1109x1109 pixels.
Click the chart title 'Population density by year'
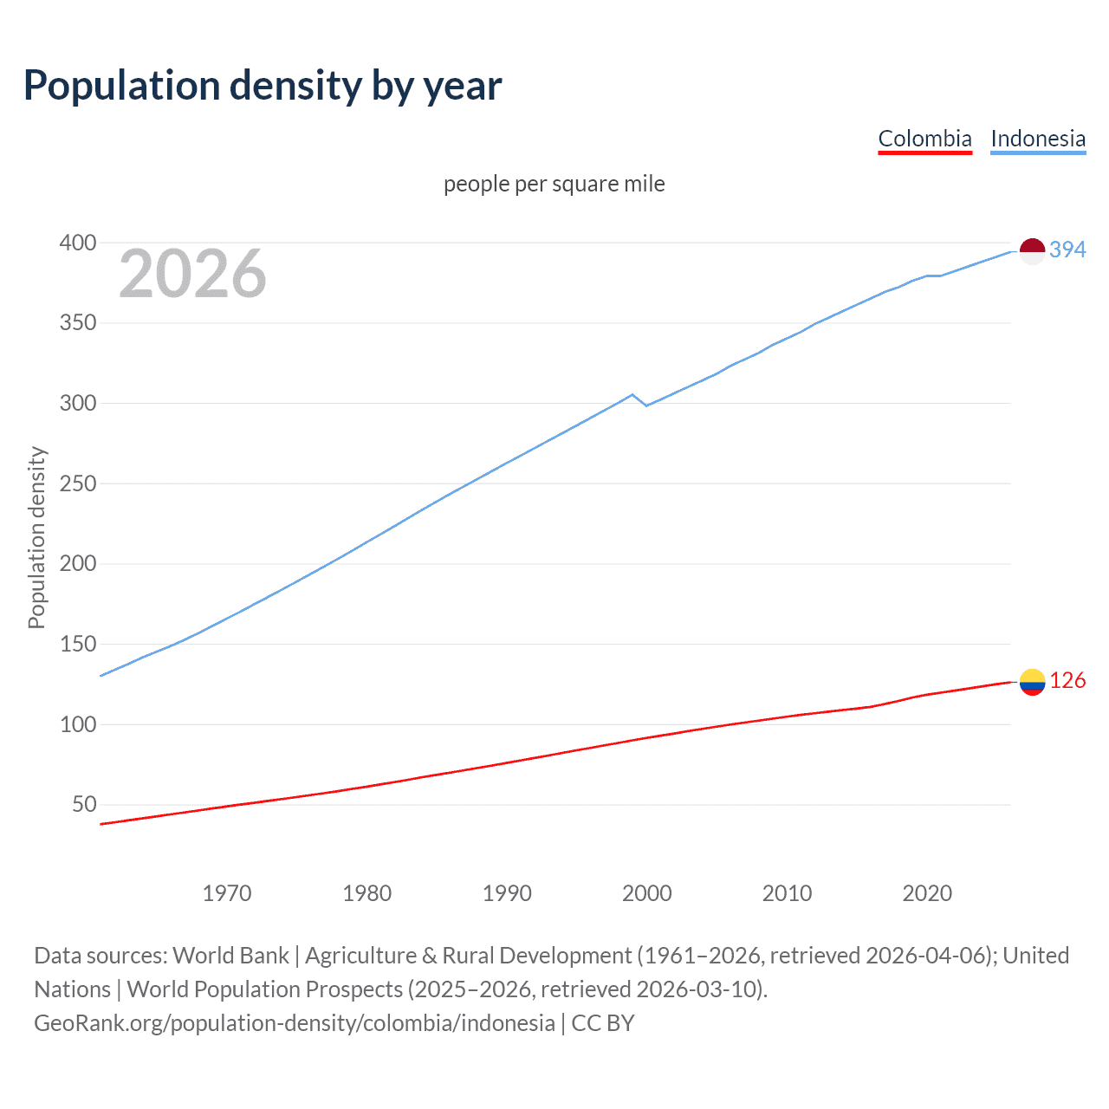(263, 86)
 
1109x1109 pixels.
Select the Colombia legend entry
(924, 139)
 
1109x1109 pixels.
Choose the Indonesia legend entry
(1037, 139)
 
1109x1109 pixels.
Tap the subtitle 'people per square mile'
(554, 184)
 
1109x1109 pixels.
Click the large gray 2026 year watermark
(192, 275)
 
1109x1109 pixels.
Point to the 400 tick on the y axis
(77, 243)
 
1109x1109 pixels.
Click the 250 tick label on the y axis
(77, 483)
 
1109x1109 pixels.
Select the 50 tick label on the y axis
(84, 804)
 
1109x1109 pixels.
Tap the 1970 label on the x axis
(227, 893)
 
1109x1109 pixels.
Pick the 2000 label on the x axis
(646, 893)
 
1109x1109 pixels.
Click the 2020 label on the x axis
(927, 893)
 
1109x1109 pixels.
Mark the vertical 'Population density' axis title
(36, 537)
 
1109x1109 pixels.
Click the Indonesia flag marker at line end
(1032, 250)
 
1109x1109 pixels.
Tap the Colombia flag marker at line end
(1032, 682)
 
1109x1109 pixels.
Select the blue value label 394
(1067, 250)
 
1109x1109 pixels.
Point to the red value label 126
(1067, 681)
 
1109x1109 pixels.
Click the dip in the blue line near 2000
(645, 405)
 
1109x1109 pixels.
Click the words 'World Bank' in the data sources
(230, 956)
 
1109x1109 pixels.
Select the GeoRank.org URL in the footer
(295, 1023)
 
